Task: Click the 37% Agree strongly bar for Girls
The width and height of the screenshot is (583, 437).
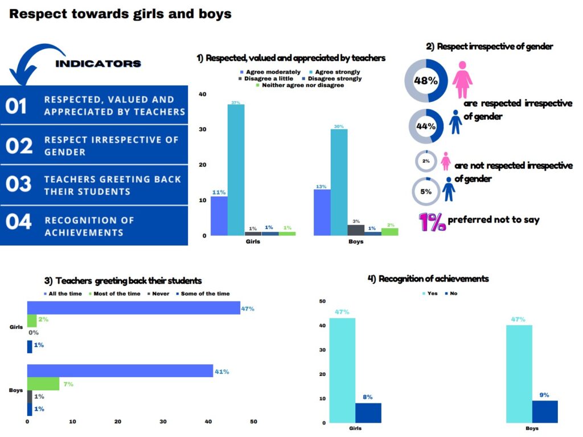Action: point(236,170)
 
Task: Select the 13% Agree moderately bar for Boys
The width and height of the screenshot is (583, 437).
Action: point(322,213)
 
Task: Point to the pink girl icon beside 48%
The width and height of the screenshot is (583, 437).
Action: point(462,80)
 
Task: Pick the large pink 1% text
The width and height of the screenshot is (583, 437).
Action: point(432,222)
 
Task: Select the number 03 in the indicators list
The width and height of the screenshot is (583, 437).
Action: point(19,184)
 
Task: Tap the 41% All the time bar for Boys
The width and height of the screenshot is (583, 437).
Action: point(120,371)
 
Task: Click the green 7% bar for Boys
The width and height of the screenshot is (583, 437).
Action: point(43,384)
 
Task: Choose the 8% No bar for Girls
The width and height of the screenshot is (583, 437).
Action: point(368,413)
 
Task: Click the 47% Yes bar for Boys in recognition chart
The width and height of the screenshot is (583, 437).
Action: point(519,374)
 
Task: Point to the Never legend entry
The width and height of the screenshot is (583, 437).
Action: point(158,293)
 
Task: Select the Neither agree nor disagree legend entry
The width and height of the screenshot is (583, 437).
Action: point(300,85)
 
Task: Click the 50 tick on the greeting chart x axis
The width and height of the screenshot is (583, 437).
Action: point(253,422)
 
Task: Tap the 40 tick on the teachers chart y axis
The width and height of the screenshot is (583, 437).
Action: point(202,94)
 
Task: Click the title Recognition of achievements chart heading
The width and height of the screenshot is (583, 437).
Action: point(428,279)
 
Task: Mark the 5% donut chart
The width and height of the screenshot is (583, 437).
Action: point(426,178)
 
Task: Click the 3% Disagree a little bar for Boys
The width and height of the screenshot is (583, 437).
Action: point(356,230)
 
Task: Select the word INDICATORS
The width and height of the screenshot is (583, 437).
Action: point(98,64)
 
